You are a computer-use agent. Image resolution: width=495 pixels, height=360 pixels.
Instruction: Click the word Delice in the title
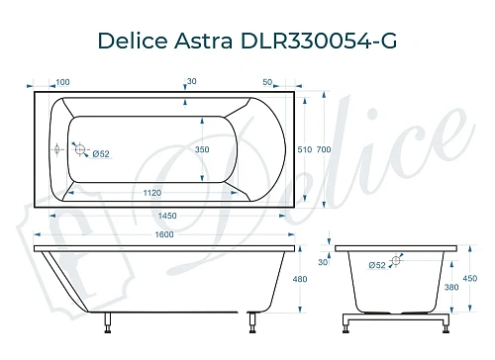pyautogui.click(x=132, y=42)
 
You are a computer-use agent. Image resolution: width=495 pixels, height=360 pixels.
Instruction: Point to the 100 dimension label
pyautogui.click(x=62, y=81)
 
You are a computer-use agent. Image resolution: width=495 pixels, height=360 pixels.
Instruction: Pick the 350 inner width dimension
pyautogui.click(x=201, y=148)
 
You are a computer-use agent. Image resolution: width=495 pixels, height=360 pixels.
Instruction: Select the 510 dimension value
pyautogui.click(x=305, y=148)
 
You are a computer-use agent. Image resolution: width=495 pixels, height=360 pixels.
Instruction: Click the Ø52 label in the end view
pyautogui.click(x=376, y=264)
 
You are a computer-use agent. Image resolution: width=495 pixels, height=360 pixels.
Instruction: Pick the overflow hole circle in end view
pyautogui.click(x=396, y=261)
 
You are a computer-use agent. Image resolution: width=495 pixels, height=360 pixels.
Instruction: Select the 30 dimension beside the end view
pyautogui.click(x=323, y=262)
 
